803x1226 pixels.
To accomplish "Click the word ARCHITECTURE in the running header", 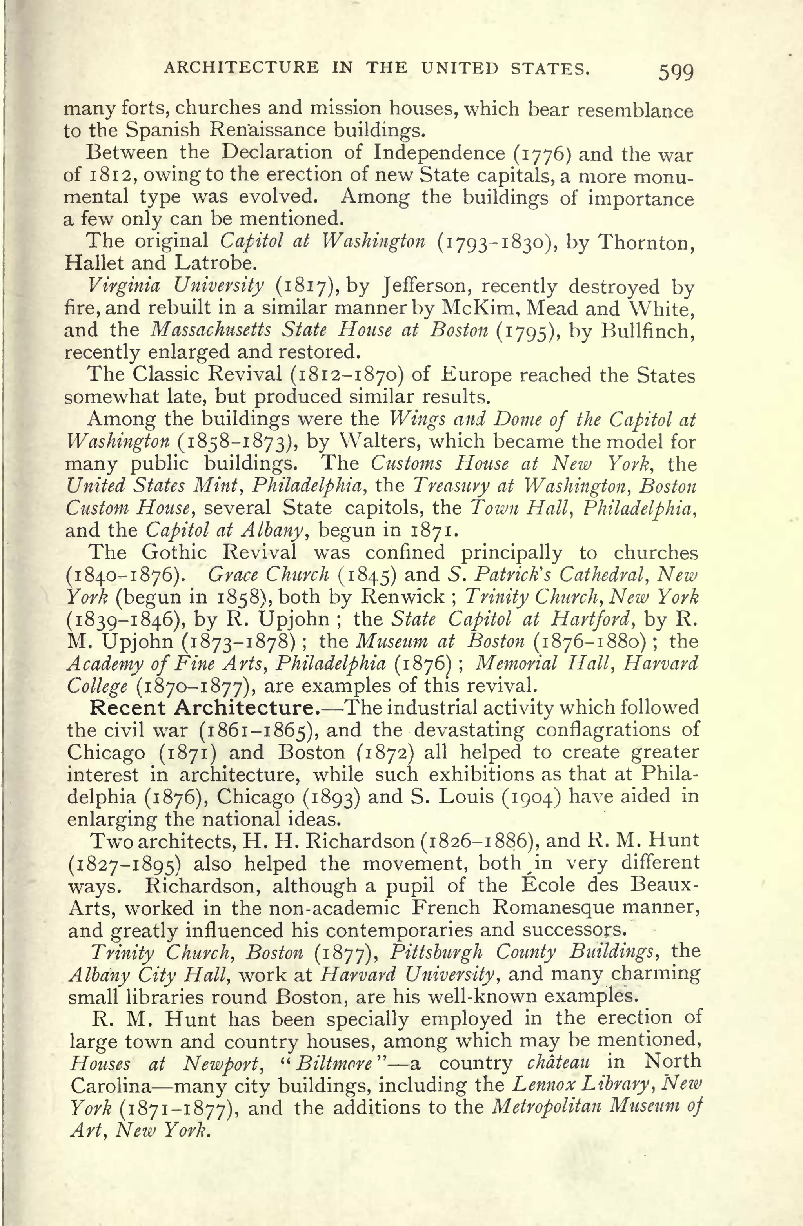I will [x=241, y=67].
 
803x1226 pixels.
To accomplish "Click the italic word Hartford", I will [x=593, y=618].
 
